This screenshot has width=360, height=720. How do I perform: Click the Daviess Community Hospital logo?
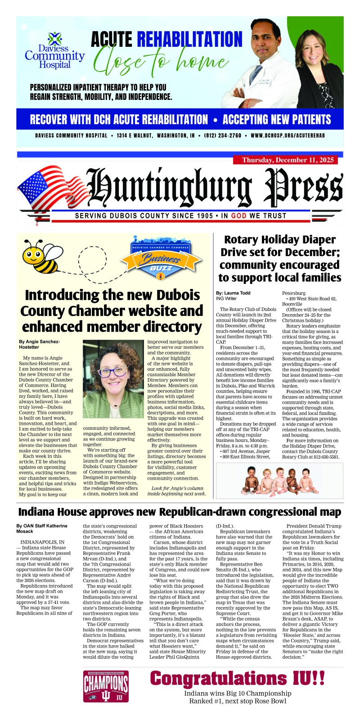[54, 50]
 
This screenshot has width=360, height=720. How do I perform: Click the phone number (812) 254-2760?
[222, 135]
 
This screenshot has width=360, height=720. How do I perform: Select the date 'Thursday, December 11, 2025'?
[285, 160]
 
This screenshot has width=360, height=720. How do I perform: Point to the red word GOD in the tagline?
[238, 216]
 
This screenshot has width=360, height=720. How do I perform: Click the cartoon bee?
[40, 256]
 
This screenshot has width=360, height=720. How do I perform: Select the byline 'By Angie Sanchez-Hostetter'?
[40, 344]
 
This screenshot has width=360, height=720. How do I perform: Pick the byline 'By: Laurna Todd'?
[233, 293]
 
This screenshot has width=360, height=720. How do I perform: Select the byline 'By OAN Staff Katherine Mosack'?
[42, 528]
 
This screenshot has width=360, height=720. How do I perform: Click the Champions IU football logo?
[106, 686]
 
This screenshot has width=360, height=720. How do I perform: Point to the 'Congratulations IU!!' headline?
[237, 679]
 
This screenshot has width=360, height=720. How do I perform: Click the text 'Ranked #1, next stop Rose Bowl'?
[237, 701]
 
